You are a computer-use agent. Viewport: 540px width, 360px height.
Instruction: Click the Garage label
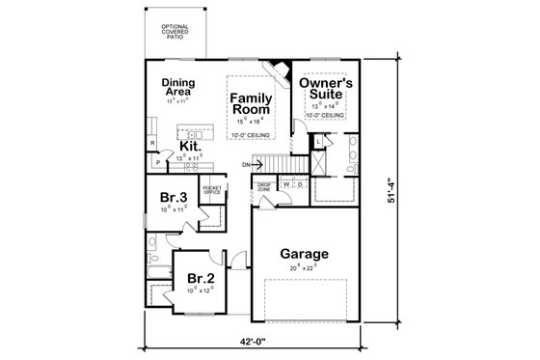click(x=304, y=255)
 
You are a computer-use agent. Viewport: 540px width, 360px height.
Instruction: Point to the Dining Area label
click(x=180, y=87)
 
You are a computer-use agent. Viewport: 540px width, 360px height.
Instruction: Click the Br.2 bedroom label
click(x=200, y=276)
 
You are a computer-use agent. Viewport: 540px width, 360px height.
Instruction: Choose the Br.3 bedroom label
click(x=173, y=200)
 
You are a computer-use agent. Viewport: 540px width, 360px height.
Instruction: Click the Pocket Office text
click(x=212, y=190)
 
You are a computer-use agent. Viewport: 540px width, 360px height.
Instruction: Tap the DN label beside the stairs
click(x=246, y=165)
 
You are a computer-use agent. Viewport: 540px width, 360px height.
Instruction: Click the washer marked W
click(x=286, y=183)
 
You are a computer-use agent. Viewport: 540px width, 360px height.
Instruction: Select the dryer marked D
click(x=300, y=183)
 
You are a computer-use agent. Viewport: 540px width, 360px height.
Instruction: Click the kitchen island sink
click(x=193, y=132)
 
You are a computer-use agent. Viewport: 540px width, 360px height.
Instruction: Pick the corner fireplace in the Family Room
click(x=279, y=71)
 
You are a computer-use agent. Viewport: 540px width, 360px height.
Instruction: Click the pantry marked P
click(x=157, y=163)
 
